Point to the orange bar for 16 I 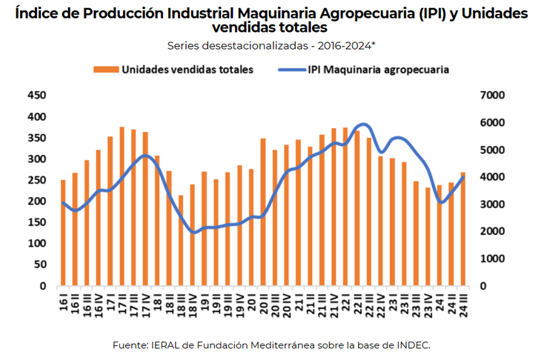[63, 233]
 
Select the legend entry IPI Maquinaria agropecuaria [378, 70]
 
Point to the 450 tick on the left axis [36, 96]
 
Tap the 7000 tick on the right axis [492, 96]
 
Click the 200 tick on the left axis [36, 201]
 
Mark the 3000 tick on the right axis [492, 204]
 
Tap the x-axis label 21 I [298, 302]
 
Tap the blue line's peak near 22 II [363, 124]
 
